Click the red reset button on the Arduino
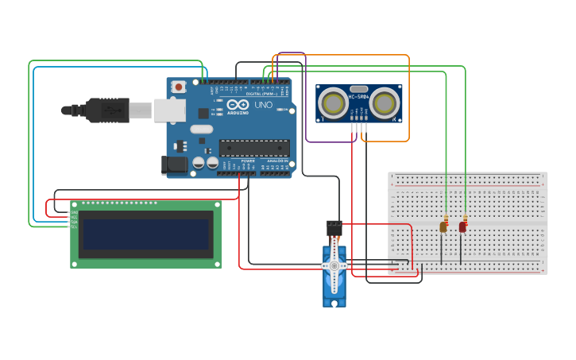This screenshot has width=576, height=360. [180, 87]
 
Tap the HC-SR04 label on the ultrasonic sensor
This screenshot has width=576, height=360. [358, 98]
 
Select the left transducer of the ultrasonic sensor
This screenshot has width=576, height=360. [332, 102]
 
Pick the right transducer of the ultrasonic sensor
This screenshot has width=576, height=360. [385, 102]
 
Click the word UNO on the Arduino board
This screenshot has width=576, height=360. [263, 105]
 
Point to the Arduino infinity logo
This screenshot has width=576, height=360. [238, 104]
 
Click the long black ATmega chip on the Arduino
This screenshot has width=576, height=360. [254, 147]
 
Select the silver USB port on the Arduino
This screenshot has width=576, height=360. [168, 110]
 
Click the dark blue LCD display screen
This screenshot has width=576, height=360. [146, 234]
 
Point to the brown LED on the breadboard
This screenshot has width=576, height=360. [443, 227]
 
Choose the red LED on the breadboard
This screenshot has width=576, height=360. [462, 227]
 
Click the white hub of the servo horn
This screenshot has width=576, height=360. [334, 265]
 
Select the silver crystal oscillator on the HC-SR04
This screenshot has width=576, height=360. [358, 89]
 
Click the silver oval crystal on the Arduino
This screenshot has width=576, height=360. [202, 129]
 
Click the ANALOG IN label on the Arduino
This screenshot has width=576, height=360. [277, 161]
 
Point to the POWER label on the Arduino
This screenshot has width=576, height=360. [248, 161]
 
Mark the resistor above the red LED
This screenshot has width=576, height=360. [465, 218]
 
